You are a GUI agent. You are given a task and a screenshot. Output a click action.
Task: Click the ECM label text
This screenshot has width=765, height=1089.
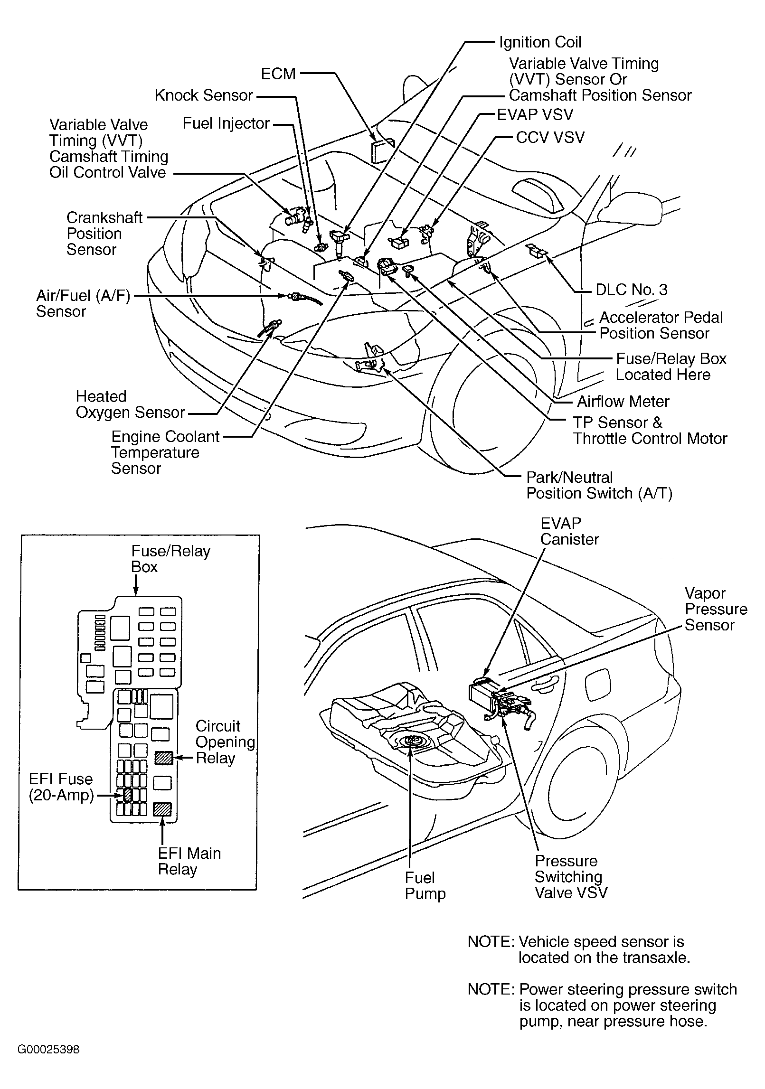(x=278, y=74)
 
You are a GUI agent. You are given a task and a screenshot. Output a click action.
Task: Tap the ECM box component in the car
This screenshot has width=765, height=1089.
(x=383, y=150)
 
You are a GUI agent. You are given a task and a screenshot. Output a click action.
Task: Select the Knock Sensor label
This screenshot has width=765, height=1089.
(x=204, y=95)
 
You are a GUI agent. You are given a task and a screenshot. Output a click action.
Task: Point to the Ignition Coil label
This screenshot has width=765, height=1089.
(x=540, y=42)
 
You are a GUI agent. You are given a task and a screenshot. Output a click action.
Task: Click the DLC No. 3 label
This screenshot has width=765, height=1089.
(x=631, y=290)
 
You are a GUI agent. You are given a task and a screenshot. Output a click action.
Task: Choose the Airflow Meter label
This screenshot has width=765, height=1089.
(x=623, y=402)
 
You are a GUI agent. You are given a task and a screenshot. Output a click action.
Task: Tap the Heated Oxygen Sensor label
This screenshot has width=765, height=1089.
(x=130, y=404)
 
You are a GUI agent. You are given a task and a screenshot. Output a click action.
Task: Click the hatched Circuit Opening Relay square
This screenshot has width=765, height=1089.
(x=163, y=757)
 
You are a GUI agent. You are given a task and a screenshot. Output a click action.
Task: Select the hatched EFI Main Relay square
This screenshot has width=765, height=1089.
(x=162, y=809)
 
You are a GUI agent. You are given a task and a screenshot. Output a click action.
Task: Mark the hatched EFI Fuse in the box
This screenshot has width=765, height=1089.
(x=128, y=794)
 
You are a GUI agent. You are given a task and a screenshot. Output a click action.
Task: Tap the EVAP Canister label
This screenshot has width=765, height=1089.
(x=569, y=531)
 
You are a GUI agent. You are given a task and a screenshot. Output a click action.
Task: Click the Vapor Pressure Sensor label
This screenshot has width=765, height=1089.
(x=716, y=609)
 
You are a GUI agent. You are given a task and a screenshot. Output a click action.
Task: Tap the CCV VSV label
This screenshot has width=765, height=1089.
(x=550, y=138)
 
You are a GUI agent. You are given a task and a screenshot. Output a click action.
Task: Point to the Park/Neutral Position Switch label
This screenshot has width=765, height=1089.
(x=599, y=485)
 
